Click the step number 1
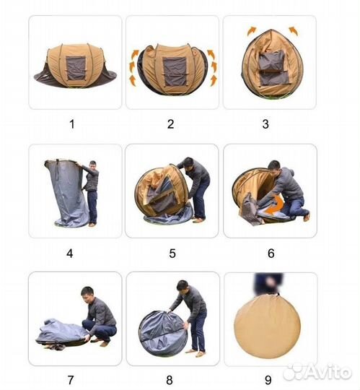[x=72, y=124]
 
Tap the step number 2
[x=170, y=124]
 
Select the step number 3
[x=265, y=124]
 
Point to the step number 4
[x=70, y=253]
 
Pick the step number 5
[x=172, y=253]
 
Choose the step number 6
[x=271, y=253]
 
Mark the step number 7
[x=71, y=380]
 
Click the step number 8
[x=170, y=380]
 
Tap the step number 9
[x=268, y=380]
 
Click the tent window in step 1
[x=76, y=68]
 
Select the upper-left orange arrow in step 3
[x=252, y=31]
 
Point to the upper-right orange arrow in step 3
[x=294, y=31]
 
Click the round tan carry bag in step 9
[x=268, y=326]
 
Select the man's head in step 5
[x=189, y=163]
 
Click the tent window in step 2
[x=175, y=71]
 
